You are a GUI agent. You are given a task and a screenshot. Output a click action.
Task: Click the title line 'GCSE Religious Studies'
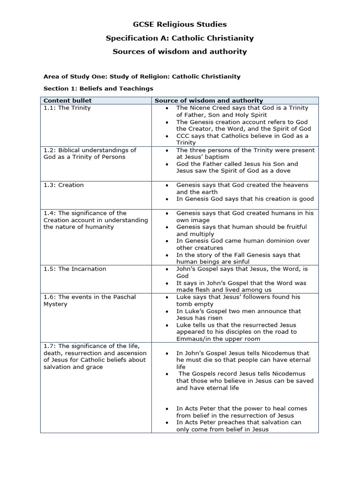click(180, 24)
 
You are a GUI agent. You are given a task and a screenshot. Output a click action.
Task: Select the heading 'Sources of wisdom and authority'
click(180, 52)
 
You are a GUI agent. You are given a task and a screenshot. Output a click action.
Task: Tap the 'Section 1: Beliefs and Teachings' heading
click(98, 88)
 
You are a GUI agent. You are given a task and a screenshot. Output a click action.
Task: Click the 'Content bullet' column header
click(67, 100)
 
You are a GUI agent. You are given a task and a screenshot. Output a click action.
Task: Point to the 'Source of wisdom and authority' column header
click(209, 100)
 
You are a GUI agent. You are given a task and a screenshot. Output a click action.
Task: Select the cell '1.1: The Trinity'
click(67, 108)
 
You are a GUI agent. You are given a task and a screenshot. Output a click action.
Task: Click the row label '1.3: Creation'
click(64, 185)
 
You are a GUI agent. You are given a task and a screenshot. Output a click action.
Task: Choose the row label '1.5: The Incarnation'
click(75, 269)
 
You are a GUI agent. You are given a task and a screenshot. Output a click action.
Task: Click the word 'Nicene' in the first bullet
click(201, 108)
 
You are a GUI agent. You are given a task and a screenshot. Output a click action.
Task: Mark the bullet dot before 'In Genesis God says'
click(167, 199)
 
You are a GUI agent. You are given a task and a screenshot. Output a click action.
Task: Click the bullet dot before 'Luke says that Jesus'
click(167, 297)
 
